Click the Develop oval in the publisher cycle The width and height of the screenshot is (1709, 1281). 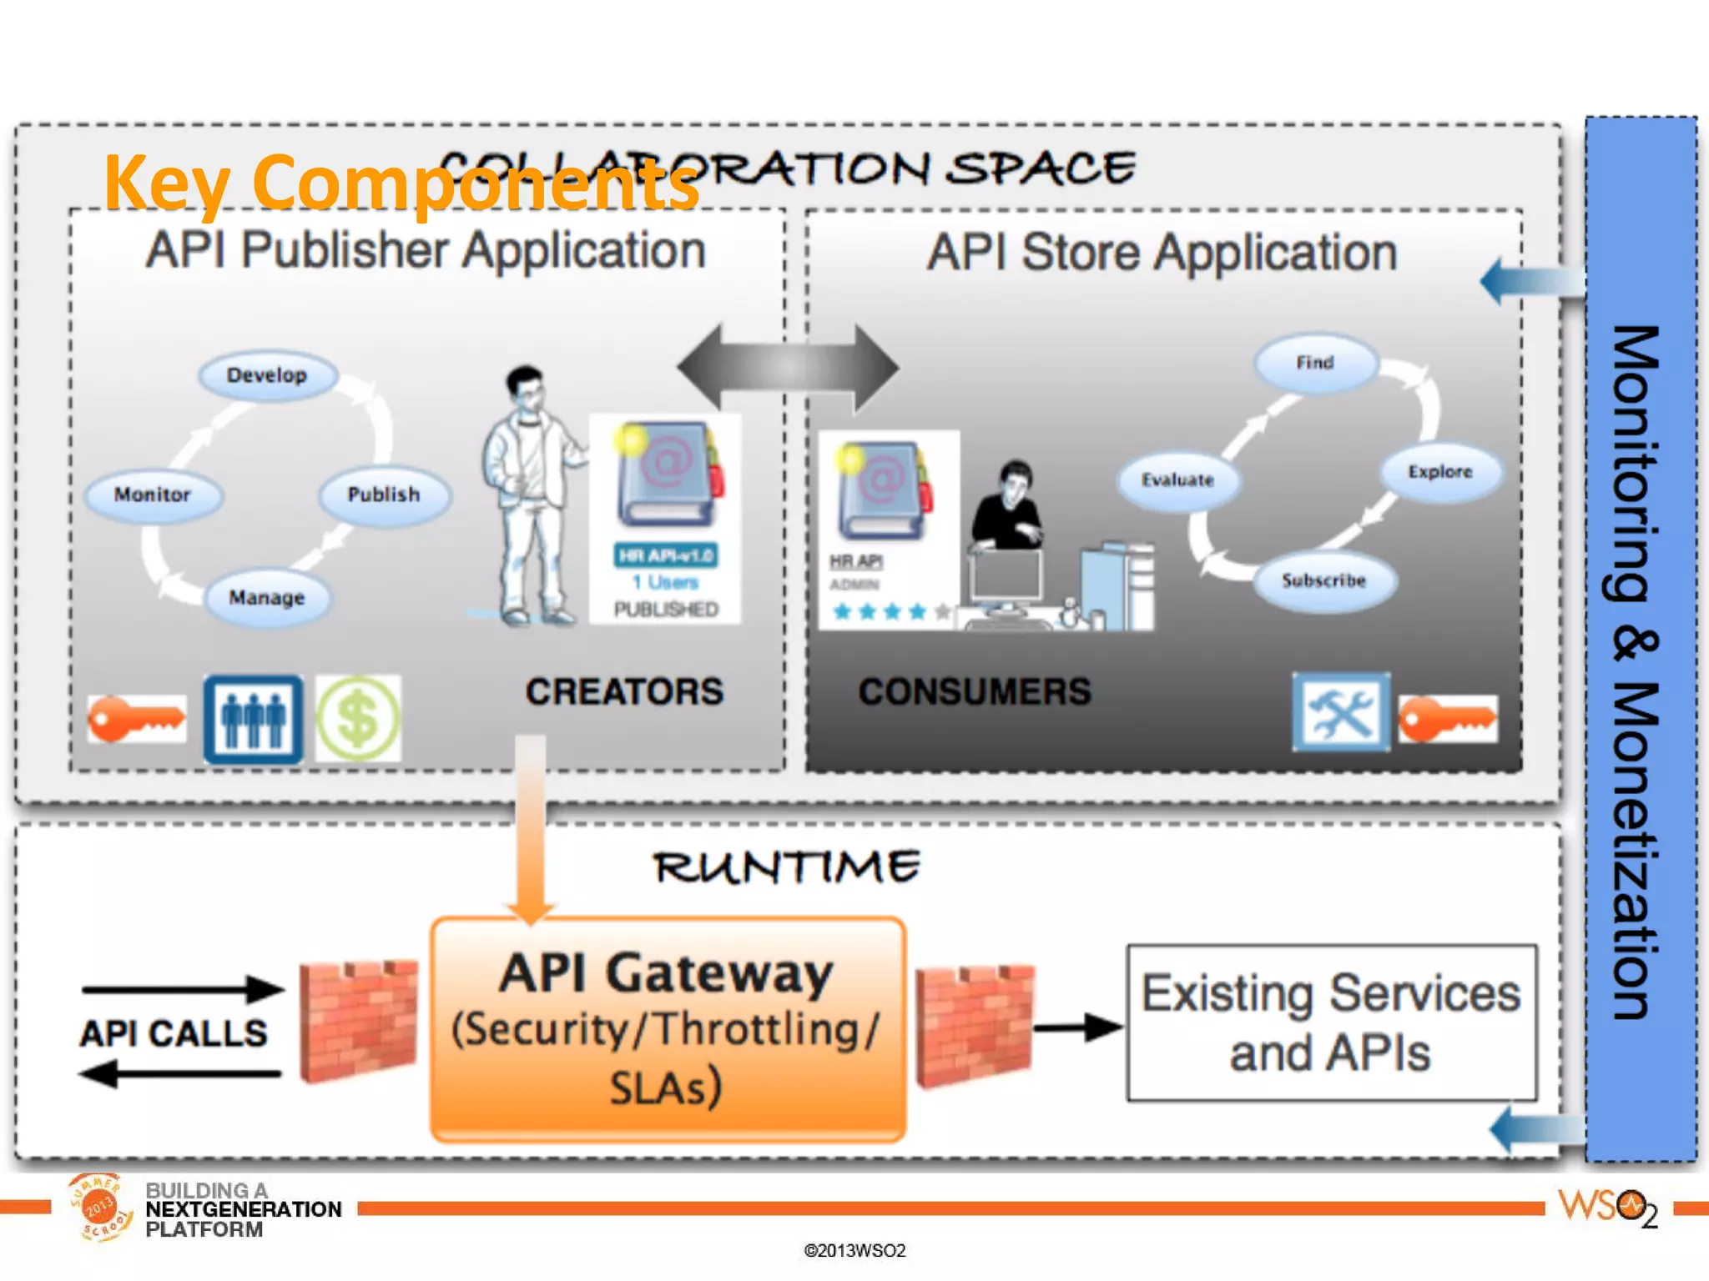(x=267, y=375)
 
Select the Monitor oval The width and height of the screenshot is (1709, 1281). (x=153, y=495)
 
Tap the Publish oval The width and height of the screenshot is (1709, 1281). (x=384, y=495)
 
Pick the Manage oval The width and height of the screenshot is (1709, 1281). (x=267, y=597)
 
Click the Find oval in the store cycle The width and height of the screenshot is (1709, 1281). (x=1315, y=363)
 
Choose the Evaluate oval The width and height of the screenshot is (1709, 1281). (x=1177, y=480)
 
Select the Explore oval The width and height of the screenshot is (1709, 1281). (x=1440, y=471)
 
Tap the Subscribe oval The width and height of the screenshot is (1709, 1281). (x=1323, y=580)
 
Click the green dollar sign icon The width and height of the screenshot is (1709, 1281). (x=358, y=719)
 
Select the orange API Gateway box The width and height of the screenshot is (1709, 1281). (x=668, y=1029)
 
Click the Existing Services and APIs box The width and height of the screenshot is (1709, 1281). (x=1331, y=1022)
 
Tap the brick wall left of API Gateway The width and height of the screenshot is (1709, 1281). (x=358, y=1021)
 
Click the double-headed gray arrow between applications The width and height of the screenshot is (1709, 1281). (x=788, y=367)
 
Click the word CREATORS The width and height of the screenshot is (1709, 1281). (x=624, y=691)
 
